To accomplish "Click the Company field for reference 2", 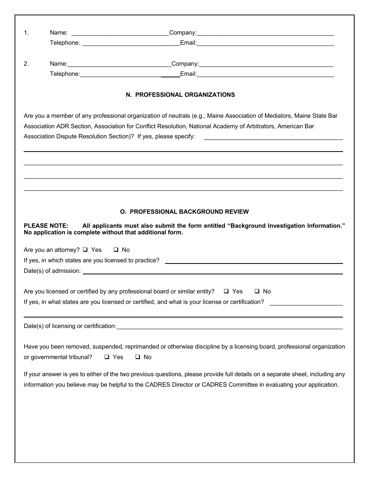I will coord(266,64).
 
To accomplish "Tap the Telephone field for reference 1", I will coord(131,43).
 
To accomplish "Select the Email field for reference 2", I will coord(266,74).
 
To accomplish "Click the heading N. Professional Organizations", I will coord(180,95).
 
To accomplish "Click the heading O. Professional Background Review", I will coord(184,212).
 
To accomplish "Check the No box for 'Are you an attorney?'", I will coord(116,250).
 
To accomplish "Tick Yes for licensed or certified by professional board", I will coord(226,291).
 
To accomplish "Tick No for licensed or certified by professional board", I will coord(257,291).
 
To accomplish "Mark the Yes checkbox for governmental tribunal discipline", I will coord(106,357).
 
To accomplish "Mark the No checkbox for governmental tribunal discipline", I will coord(138,357).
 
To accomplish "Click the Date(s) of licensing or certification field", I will coord(229,326).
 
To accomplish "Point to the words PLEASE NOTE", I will coord(46,226).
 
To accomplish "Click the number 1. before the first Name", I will coord(26,33).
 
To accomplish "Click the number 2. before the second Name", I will coord(26,64).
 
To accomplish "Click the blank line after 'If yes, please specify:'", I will coord(273,137).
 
